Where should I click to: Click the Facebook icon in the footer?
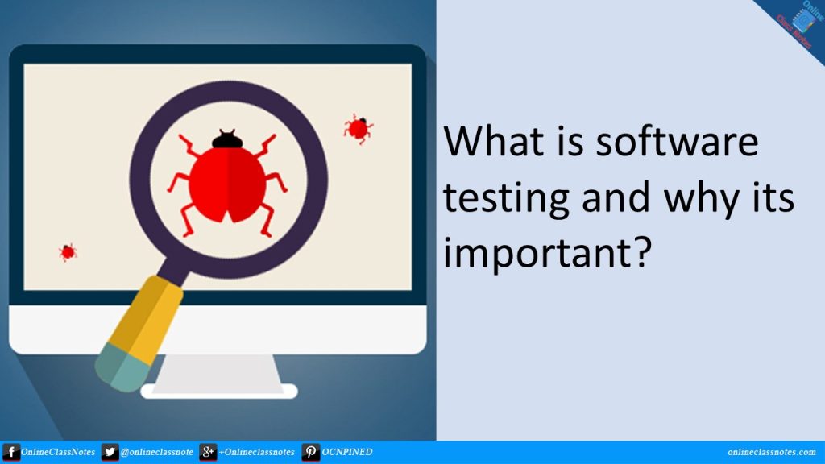pyautogui.click(x=11, y=452)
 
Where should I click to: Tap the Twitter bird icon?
pyautogui.click(x=110, y=452)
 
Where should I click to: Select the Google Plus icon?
pyautogui.click(x=208, y=452)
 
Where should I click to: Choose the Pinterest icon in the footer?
pyautogui.click(x=310, y=452)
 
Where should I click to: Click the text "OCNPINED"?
pyautogui.click(x=348, y=453)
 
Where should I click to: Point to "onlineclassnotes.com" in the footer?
pyautogui.click(x=771, y=453)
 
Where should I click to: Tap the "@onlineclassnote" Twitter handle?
pyautogui.click(x=157, y=453)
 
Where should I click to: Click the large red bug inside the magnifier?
pyautogui.click(x=228, y=182)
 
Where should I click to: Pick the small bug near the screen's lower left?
pyautogui.click(x=68, y=252)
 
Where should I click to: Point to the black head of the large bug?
pyautogui.click(x=227, y=140)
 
